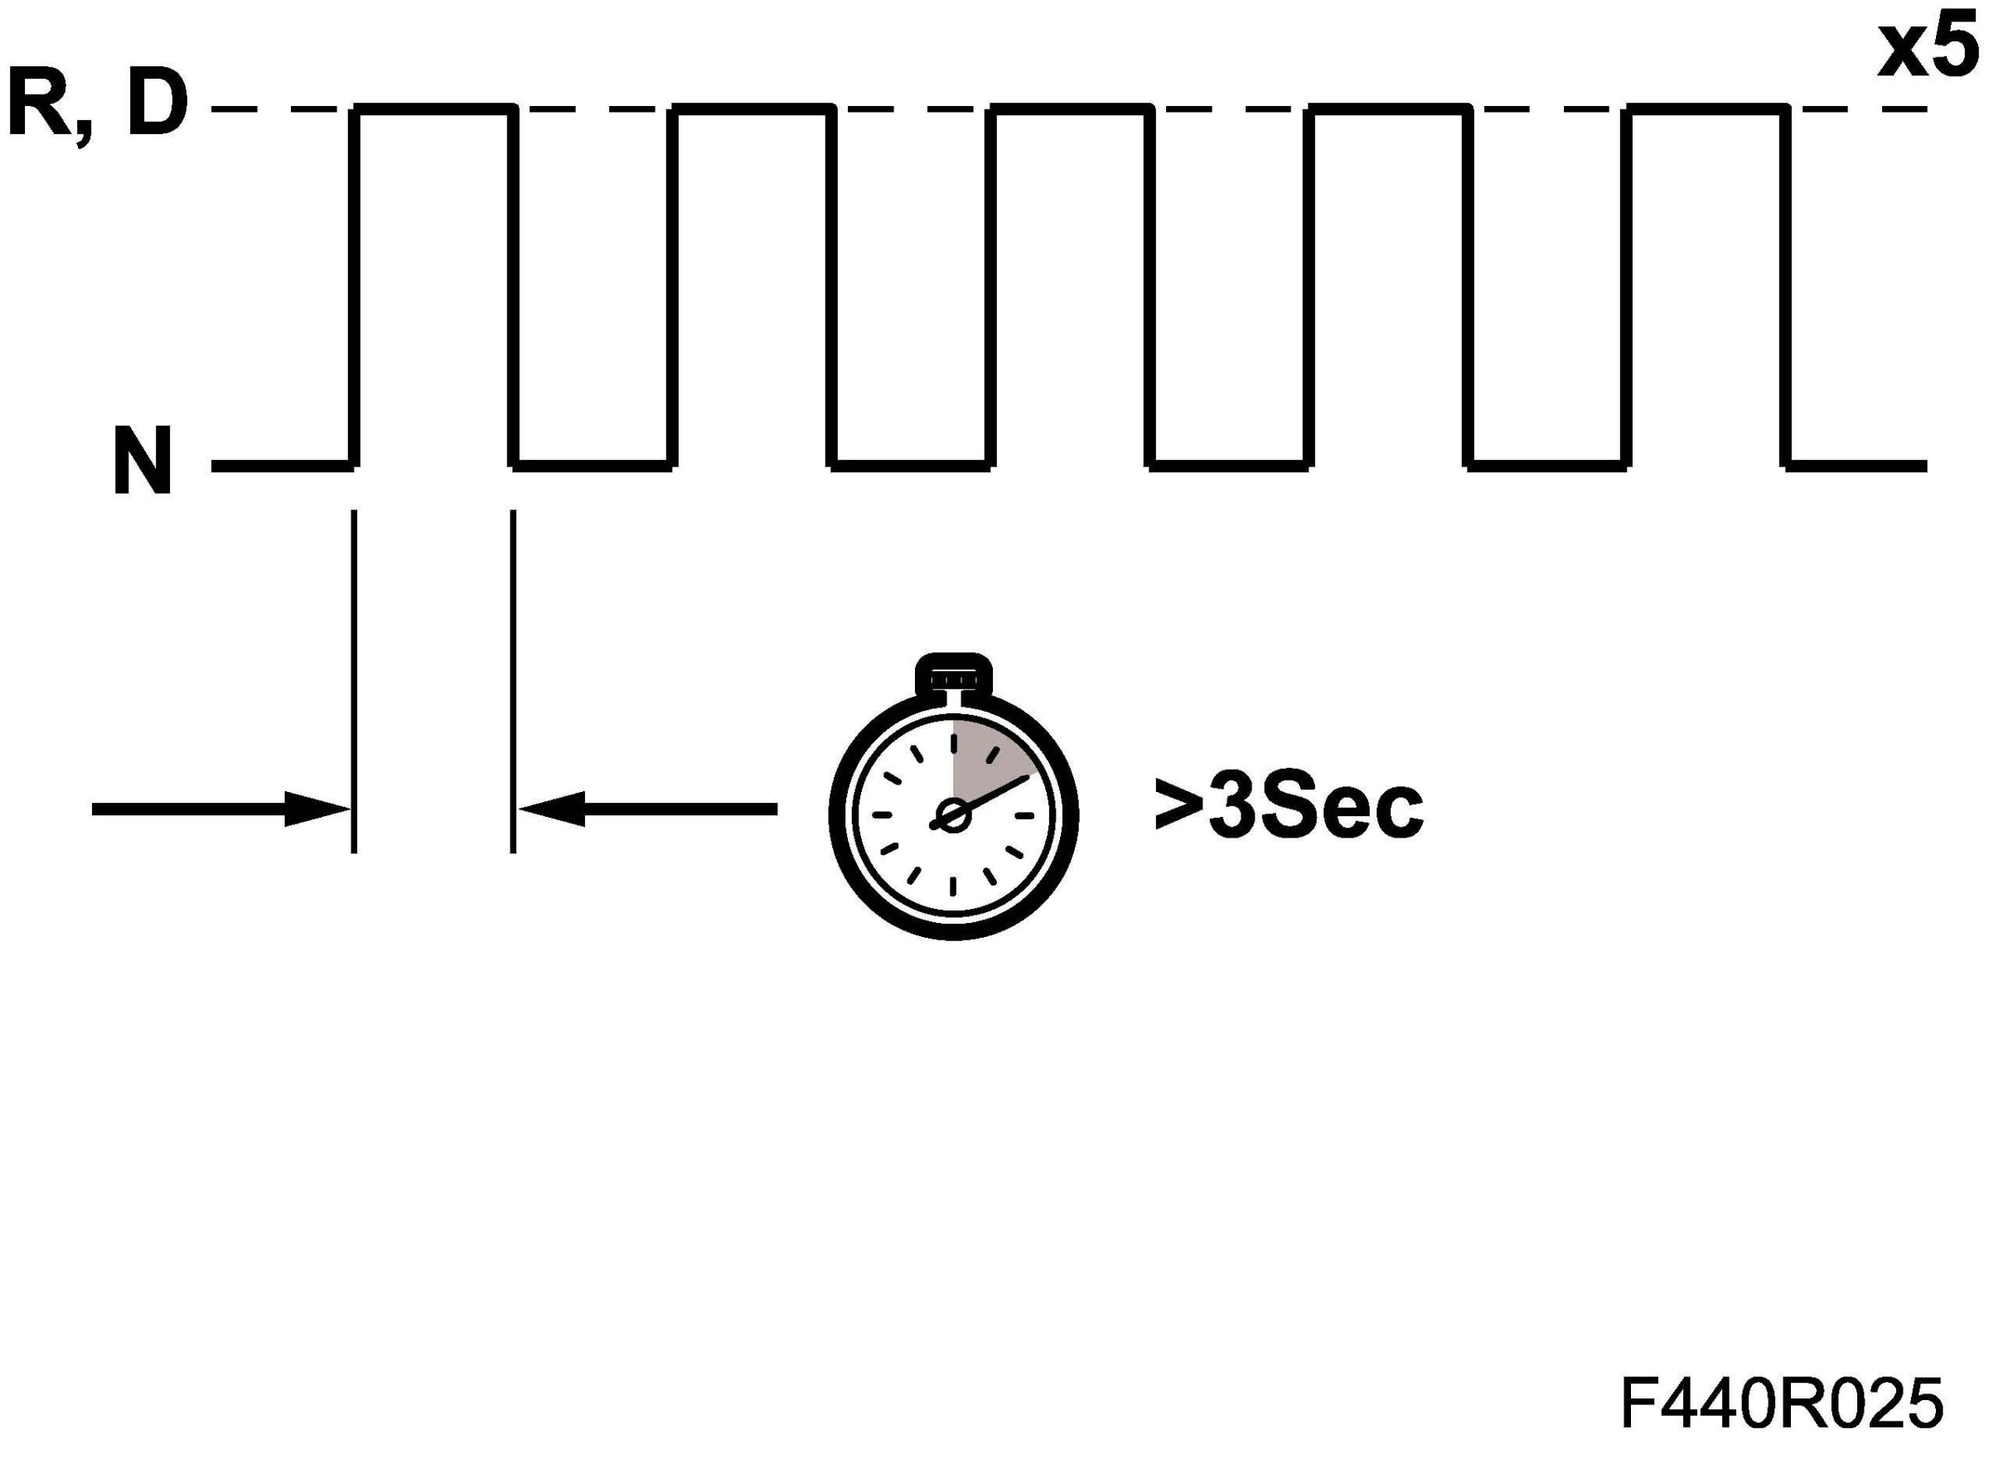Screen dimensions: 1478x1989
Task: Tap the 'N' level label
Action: (x=143, y=462)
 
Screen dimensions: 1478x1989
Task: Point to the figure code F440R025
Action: (x=1780, y=1403)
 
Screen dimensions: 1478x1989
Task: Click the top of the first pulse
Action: (x=435, y=109)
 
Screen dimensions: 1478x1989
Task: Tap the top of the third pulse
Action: (x=1070, y=109)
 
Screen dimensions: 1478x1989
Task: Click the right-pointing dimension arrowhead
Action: (x=317, y=809)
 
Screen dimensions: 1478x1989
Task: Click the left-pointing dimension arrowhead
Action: (x=551, y=809)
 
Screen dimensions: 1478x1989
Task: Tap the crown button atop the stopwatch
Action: (x=953, y=675)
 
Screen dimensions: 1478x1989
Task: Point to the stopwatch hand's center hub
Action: (x=953, y=816)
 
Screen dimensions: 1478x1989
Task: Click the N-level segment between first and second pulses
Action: (x=593, y=466)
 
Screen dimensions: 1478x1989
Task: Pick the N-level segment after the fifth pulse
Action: (x=1856, y=466)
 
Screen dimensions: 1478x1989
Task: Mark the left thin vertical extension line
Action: (x=355, y=680)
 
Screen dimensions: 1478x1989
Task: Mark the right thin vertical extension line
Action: (x=513, y=680)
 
